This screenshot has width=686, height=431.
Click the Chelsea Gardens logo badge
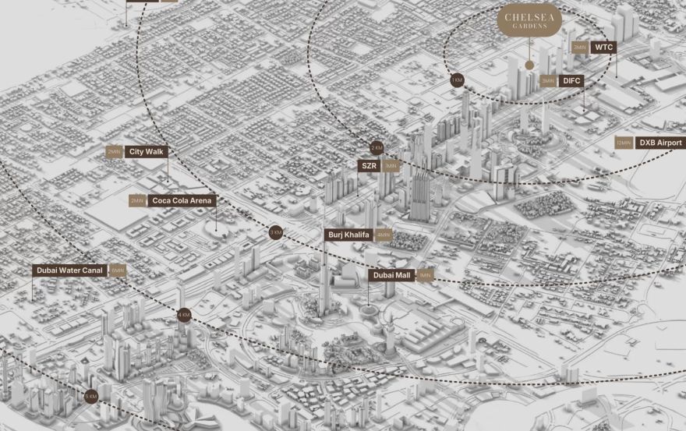point(529,21)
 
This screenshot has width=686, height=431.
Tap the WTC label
point(604,48)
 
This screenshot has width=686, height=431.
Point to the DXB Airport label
point(659,143)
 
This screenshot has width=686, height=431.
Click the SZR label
point(369,165)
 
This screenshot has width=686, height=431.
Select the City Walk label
point(147,152)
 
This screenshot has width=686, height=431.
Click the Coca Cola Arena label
point(181,200)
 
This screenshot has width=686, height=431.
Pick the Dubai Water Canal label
point(70,270)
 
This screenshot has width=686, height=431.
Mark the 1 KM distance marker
point(457,80)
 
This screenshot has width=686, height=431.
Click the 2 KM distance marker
point(377,147)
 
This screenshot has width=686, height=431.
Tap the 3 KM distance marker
point(275,232)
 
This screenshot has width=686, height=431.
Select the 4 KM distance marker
point(183,315)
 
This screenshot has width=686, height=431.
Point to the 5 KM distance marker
point(91,396)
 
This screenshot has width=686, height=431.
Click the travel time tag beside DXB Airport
point(623,143)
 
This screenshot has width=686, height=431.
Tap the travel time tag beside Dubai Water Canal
point(118,270)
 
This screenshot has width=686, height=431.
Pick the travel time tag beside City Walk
point(115,152)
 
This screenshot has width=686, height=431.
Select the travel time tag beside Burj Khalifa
point(384,235)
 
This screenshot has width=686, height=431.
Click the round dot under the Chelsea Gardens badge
point(529,65)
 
